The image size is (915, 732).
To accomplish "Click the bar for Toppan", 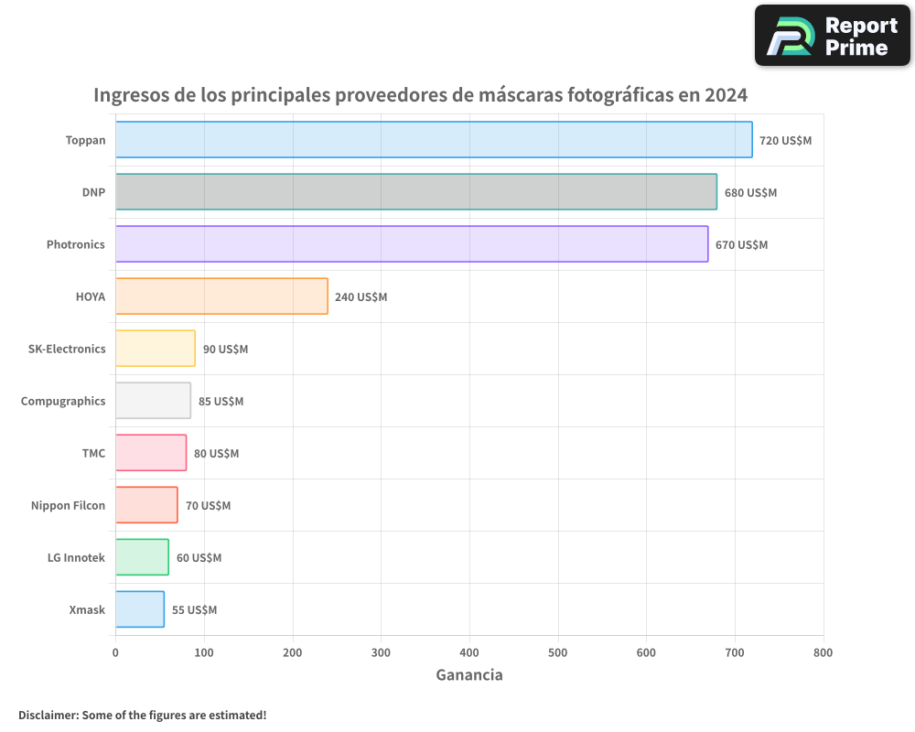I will click(434, 140).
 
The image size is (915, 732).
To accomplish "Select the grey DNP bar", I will click(416, 192).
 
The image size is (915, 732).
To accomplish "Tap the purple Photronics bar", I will click(412, 244).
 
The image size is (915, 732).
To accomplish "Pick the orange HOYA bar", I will click(221, 296).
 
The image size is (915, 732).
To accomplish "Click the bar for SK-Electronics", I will click(156, 349).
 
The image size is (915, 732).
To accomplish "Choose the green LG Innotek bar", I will click(142, 557).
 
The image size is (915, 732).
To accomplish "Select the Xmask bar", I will click(140, 609).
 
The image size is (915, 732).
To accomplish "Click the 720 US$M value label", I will click(785, 141).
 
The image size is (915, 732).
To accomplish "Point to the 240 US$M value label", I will click(361, 297).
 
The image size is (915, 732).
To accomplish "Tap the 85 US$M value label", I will click(221, 402).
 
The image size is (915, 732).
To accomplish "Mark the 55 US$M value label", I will click(194, 610).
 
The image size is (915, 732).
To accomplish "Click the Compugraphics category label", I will click(63, 401).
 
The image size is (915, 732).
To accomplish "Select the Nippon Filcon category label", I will click(68, 505).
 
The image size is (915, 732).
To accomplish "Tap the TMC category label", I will click(93, 453).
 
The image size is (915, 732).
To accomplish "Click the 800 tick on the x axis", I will click(823, 652).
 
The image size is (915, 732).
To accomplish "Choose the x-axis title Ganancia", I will click(469, 675).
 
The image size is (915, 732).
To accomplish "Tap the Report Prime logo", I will click(832, 36).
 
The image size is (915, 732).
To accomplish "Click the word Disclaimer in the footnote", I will click(48, 715).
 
